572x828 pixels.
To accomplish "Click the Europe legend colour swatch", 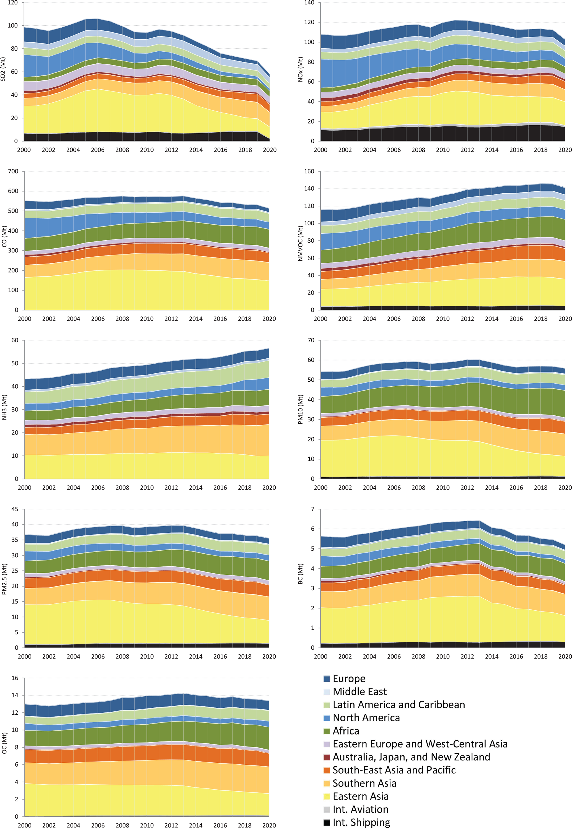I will click(327, 679).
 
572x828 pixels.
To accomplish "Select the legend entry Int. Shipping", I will click(361, 822).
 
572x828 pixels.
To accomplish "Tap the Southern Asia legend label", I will click(364, 783).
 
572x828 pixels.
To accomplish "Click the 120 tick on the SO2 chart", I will click(12, 3).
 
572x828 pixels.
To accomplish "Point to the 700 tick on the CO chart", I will click(13, 171).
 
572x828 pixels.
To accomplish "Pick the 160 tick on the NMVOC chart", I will click(309, 171).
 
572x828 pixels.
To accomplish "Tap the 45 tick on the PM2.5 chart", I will click(15, 509).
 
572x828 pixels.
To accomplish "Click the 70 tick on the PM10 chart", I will click(310, 340).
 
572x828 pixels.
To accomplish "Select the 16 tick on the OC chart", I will click(15, 678).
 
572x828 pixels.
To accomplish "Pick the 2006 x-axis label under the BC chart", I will click(394, 657).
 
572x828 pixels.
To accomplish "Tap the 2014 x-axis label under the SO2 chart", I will click(196, 150).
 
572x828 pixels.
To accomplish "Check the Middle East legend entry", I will click(359, 692).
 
